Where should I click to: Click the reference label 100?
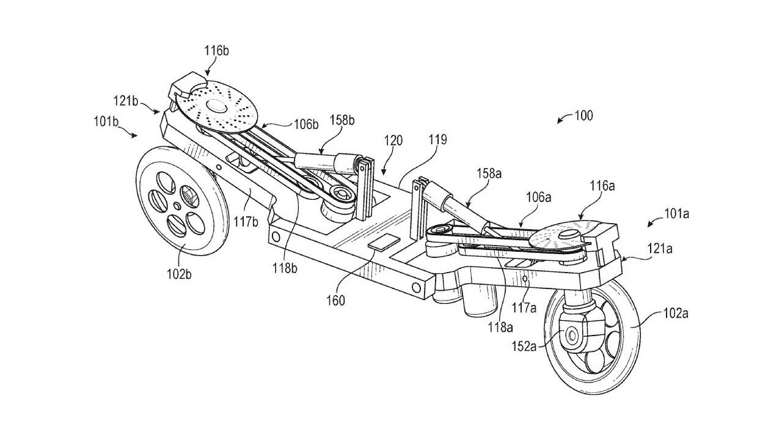pyautogui.click(x=583, y=115)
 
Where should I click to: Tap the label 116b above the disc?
pyautogui.click(x=217, y=51)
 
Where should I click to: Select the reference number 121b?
pyautogui.click(x=126, y=100)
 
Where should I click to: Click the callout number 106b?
pyautogui.click(x=306, y=125)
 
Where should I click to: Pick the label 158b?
pyautogui.click(x=343, y=120)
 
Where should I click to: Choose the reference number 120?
pyautogui.click(x=393, y=140)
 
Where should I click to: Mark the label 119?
pyautogui.click(x=437, y=140)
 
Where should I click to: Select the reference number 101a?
pyautogui.click(x=677, y=215)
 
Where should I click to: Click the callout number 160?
pyautogui.click(x=335, y=300)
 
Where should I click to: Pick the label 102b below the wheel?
pyautogui.click(x=178, y=274)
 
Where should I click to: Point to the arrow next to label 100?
pyautogui.click(x=563, y=119)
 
